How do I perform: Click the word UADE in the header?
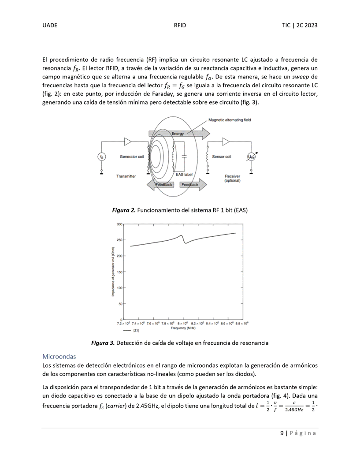pos(50,26)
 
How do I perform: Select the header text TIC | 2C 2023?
pos(300,26)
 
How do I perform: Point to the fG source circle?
pos(102,157)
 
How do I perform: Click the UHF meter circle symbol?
pos(251,157)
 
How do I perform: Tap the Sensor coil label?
pos(222,157)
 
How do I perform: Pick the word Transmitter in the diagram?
pos(126,176)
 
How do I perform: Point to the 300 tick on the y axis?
pos(119,224)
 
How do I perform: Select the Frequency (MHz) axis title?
pos(183,328)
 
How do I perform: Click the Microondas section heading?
pos(59,356)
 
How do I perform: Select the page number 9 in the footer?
pos(282,433)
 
